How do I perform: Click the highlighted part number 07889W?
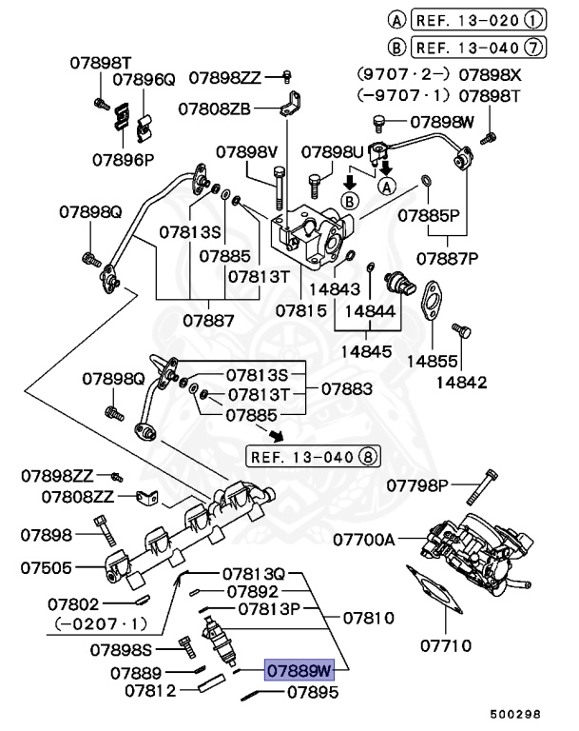299,670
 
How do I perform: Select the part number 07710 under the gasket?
446,645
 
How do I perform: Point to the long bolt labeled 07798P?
482,487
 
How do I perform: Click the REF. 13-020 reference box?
479,20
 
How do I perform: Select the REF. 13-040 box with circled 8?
313,457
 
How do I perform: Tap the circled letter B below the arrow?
349,202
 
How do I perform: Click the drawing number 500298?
515,714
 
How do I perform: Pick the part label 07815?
301,310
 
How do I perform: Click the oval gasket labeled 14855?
432,300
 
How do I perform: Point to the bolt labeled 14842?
462,330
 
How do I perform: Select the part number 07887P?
447,258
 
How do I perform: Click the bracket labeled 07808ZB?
291,104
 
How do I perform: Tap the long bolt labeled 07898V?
279,188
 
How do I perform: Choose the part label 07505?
47,568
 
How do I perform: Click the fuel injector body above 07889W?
219,641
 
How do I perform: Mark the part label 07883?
347,388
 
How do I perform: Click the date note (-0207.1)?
101,623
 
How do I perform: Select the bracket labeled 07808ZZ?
147,498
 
